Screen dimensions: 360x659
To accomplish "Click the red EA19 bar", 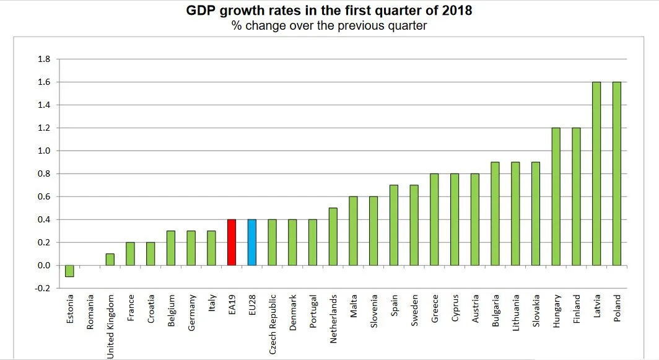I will (232, 242).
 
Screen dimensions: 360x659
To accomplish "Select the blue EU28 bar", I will (252, 242).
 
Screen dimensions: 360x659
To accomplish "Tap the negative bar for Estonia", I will (69, 271).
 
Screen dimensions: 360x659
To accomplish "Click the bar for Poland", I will (616, 173).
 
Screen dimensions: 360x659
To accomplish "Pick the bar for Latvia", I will (596, 173).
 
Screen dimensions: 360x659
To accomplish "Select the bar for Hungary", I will (556, 196).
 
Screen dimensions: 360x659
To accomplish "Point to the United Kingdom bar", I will (110, 260).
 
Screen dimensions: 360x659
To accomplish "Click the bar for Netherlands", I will (333, 237).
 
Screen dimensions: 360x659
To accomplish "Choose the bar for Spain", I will (394, 225).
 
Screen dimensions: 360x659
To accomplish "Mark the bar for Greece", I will (434, 219).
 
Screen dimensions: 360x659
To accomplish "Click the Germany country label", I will (192, 312).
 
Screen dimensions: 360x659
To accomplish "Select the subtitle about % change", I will (329, 25).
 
